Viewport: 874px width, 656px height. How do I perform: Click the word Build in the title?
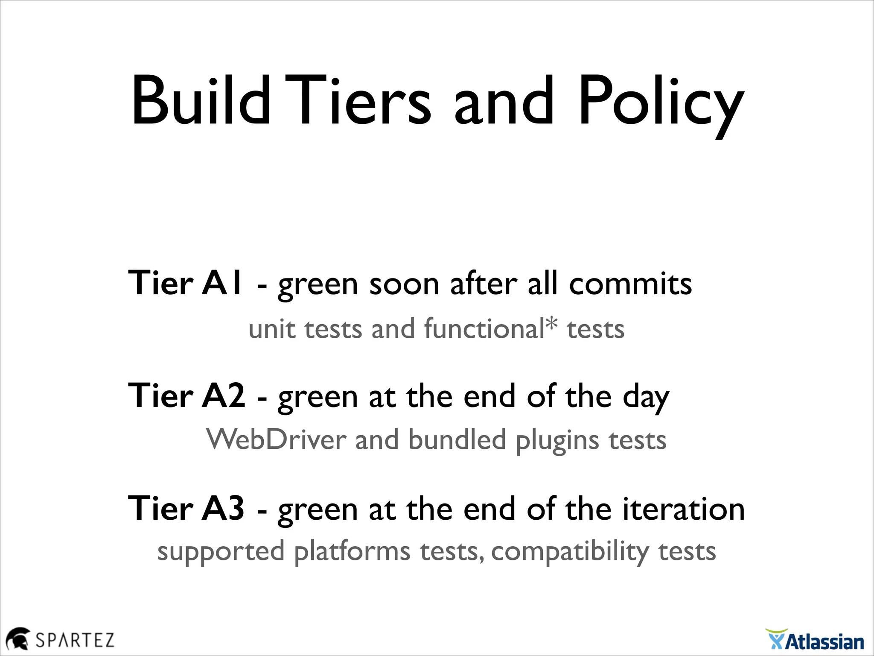coord(201,102)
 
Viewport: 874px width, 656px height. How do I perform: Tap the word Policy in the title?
coord(660,105)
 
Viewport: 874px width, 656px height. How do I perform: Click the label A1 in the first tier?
coord(221,283)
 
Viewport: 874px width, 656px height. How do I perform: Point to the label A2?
coord(223,395)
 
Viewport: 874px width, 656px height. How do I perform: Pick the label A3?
coord(223,508)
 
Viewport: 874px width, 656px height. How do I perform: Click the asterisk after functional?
coord(551,324)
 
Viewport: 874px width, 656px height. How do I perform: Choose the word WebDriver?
coord(276,439)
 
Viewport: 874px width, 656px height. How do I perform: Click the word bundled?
coord(457,439)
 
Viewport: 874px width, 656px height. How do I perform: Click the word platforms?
coord(352,553)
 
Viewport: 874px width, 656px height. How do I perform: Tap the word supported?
coord(221,553)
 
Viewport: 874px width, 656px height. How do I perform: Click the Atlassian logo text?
coord(824,642)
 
